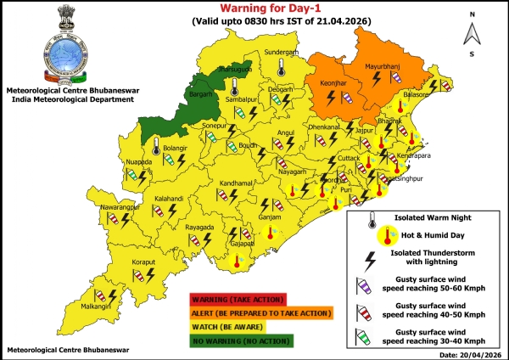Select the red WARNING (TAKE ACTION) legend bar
click(239, 299)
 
